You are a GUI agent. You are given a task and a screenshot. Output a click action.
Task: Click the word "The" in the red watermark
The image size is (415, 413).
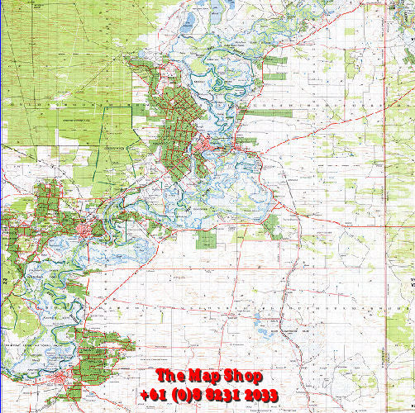pos(172,376)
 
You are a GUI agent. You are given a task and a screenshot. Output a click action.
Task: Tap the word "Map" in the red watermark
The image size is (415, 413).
pos(207,376)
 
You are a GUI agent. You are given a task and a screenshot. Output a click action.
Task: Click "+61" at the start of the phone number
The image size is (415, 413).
pos(154,395)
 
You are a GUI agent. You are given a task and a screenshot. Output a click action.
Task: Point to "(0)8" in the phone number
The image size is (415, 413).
pos(188,395)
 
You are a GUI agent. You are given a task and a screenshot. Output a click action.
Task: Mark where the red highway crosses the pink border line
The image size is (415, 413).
pos(386,221)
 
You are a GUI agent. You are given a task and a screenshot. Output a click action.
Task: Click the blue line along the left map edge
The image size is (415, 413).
pos(2,248)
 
